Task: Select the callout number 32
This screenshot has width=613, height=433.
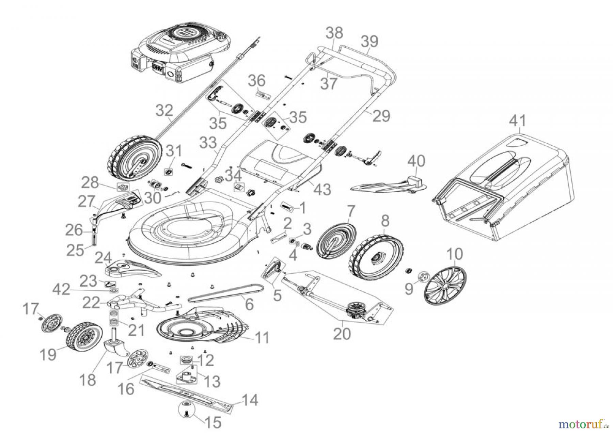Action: pos(165,111)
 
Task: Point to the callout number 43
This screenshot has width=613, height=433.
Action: pos(322,189)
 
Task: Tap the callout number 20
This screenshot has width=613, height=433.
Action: pos(342,334)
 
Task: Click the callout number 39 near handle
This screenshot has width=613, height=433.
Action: pos(370,42)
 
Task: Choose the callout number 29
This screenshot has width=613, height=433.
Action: pos(381,116)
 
